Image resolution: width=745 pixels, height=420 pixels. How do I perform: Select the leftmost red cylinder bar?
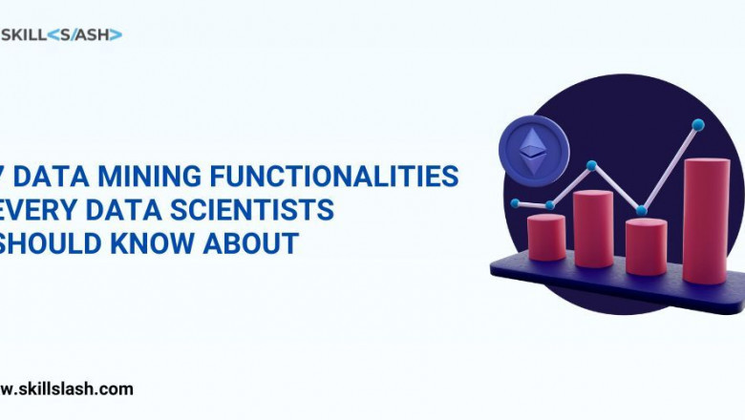click(547, 238)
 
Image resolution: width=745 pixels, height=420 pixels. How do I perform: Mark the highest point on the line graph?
click(698, 124)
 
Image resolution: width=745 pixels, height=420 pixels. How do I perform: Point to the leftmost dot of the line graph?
click(516, 203)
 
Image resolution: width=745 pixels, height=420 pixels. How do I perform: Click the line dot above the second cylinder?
click(591, 165)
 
